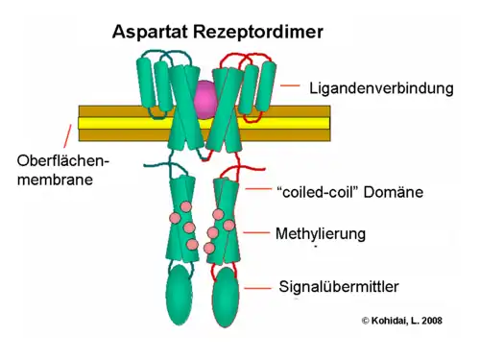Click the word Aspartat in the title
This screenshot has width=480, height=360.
[151, 31]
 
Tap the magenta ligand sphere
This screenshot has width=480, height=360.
[205, 96]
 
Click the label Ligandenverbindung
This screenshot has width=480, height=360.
[380, 88]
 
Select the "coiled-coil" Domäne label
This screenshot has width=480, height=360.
[348, 192]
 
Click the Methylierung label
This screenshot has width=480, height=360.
[320, 233]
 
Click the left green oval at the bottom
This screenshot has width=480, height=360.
[180, 295]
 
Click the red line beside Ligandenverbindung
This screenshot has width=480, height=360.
[291, 86]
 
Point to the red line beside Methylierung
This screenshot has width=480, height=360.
[255, 232]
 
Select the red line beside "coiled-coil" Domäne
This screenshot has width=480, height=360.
[257, 190]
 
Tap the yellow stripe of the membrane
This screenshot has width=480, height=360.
[106, 123]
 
